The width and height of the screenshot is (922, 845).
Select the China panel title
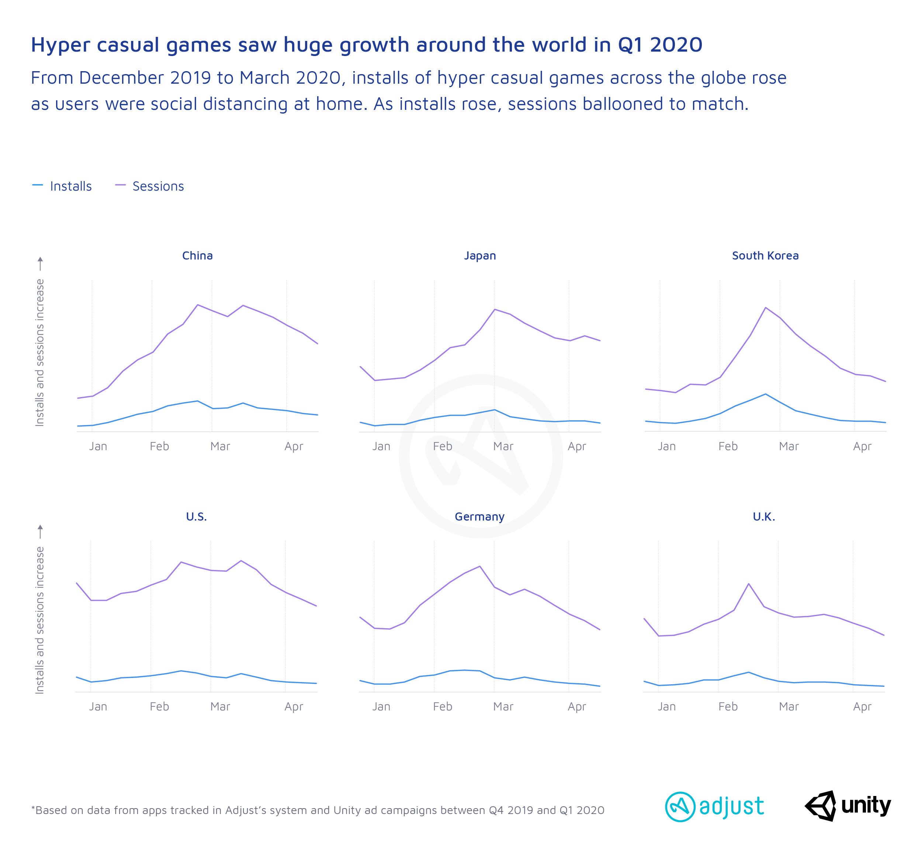click(x=197, y=255)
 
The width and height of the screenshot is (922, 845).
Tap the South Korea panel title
click(x=765, y=255)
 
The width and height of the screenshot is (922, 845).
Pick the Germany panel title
click(x=479, y=517)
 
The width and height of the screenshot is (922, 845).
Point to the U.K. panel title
click(x=764, y=517)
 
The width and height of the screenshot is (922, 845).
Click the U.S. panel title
click(x=196, y=517)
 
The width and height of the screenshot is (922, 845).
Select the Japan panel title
click(x=480, y=255)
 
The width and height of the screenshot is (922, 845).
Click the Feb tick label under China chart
click(x=159, y=446)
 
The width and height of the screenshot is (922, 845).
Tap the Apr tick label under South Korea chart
click(x=862, y=446)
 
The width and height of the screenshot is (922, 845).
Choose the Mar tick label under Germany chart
click(x=503, y=707)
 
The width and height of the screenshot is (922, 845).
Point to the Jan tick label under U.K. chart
click(x=666, y=707)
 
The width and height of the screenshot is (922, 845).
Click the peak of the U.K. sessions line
click(x=749, y=584)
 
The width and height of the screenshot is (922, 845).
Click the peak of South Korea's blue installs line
click(x=766, y=394)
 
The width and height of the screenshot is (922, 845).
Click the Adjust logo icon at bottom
click(x=680, y=807)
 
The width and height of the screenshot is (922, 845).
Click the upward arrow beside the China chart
click(x=40, y=263)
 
